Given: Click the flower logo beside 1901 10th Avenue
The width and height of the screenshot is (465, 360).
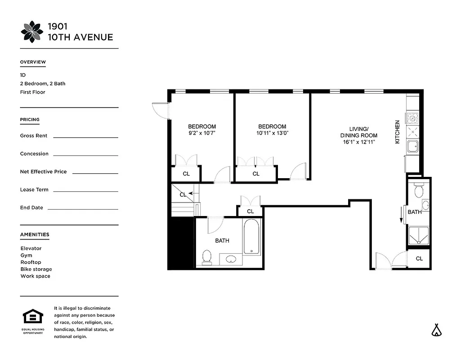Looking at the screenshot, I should click(x=32, y=32).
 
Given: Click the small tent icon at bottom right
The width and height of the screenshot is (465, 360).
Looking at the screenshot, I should click(x=436, y=330).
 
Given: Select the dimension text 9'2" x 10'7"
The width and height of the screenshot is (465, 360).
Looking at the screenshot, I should click(x=202, y=133).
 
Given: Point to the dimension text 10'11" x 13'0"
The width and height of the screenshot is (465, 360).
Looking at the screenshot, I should click(x=272, y=133).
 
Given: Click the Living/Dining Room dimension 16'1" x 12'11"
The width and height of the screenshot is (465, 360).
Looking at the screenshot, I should click(x=358, y=142).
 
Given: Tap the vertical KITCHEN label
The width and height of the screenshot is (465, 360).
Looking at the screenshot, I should click(x=397, y=132).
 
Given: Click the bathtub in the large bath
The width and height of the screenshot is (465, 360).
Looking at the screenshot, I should click(x=251, y=237).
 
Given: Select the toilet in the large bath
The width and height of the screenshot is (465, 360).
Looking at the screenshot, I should click(x=207, y=257).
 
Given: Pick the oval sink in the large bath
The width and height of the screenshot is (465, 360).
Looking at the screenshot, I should click(x=231, y=259).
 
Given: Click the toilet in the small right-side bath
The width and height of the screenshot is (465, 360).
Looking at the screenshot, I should click(x=419, y=190).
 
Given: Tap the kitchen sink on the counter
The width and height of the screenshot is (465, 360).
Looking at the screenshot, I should click(x=412, y=146).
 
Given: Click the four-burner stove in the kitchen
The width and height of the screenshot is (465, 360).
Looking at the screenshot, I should click(x=412, y=118).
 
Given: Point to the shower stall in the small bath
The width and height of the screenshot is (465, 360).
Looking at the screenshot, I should click(x=419, y=236).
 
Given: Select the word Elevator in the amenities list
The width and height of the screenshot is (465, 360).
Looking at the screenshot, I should click(x=31, y=248).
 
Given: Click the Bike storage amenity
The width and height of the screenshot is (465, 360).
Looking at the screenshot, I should click(x=36, y=269).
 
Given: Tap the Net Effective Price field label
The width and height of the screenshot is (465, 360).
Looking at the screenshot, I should click(x=43, y=171).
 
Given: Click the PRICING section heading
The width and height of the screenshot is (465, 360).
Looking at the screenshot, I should click(x=30, y=120).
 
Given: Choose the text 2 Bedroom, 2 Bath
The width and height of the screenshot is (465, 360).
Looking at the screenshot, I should click(x=43, y=84).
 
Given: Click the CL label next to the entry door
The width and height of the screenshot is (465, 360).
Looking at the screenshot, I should click(x=419, y=259).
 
